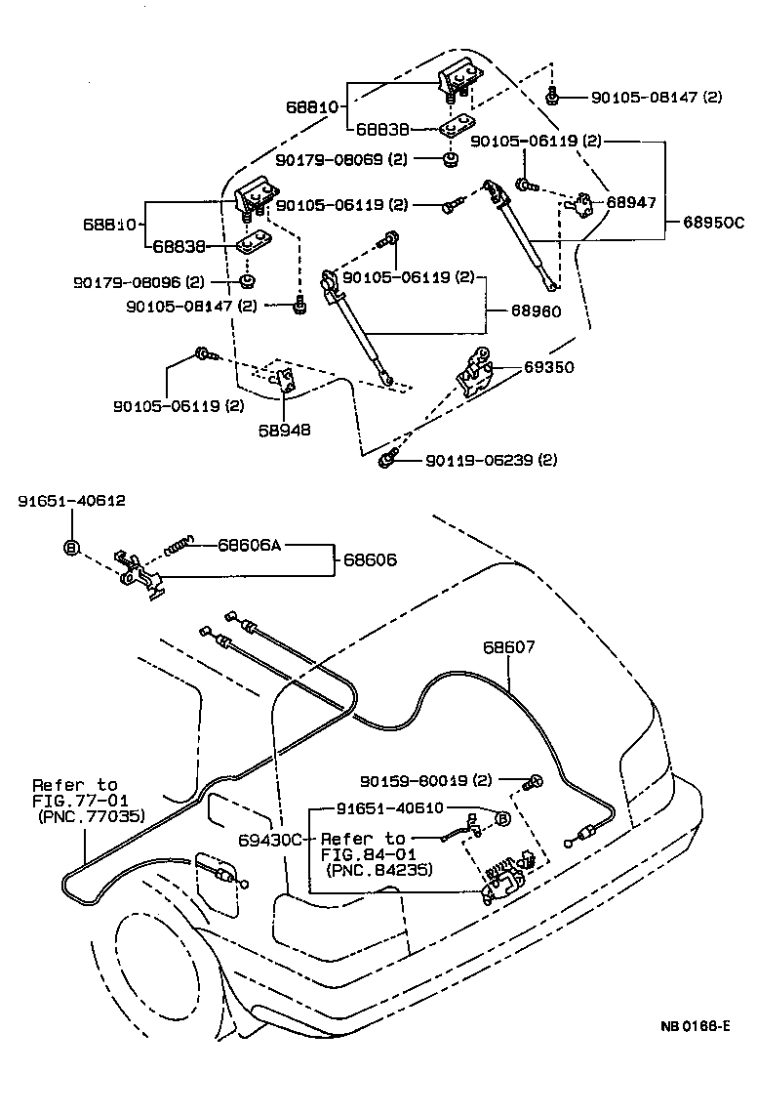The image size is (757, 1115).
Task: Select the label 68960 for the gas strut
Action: (x=535, y=313)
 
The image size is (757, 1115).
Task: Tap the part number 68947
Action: (x=631, y=203)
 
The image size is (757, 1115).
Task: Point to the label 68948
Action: (x=285, y=429)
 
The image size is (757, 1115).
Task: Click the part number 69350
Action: (x=549, y=367)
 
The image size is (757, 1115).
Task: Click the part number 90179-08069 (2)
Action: (x=340, y=158)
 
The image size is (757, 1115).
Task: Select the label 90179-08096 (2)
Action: (x=139, y=282)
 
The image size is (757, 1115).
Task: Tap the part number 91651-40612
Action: (x=71, y=501)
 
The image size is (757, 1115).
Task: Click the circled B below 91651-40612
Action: (x=71, y=547)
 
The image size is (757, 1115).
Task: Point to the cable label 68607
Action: (x=509, y=647)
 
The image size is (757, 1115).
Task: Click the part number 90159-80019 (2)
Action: (x=426, y=780)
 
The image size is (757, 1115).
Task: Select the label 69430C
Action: (x=272, y=838)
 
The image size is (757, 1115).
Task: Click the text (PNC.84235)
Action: (x=379, y=869)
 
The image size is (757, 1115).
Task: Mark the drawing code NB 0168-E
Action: (x=695, y=1026)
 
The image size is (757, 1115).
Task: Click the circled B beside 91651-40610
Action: (x=502, y=818)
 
